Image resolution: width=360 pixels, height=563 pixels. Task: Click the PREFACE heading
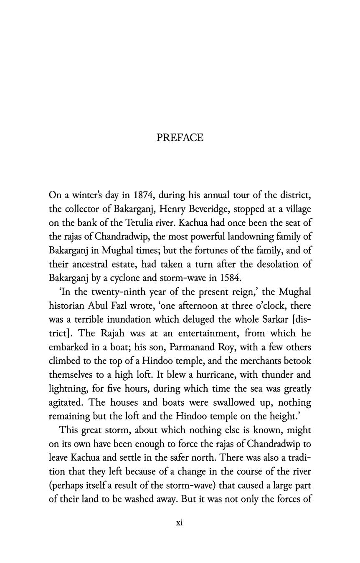180,138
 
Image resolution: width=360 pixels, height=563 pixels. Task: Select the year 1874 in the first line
144,195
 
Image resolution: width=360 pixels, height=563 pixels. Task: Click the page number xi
180,523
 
